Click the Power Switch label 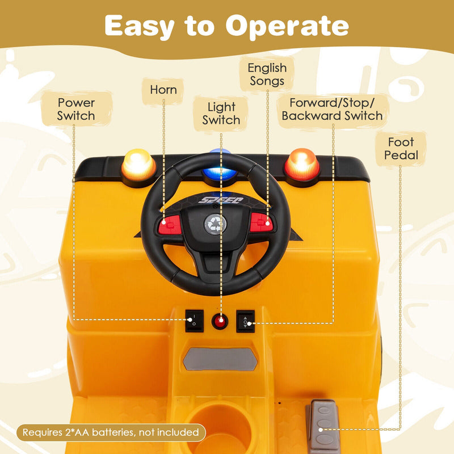[76, 109]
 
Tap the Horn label [163, 90]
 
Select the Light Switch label [221, 113]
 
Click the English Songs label [267, 74]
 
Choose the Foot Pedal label [401, 149]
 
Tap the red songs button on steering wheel [262, 223]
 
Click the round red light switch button [220, 322]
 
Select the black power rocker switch [193, 321]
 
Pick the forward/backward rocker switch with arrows [245, 321]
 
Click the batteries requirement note [111, 432]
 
